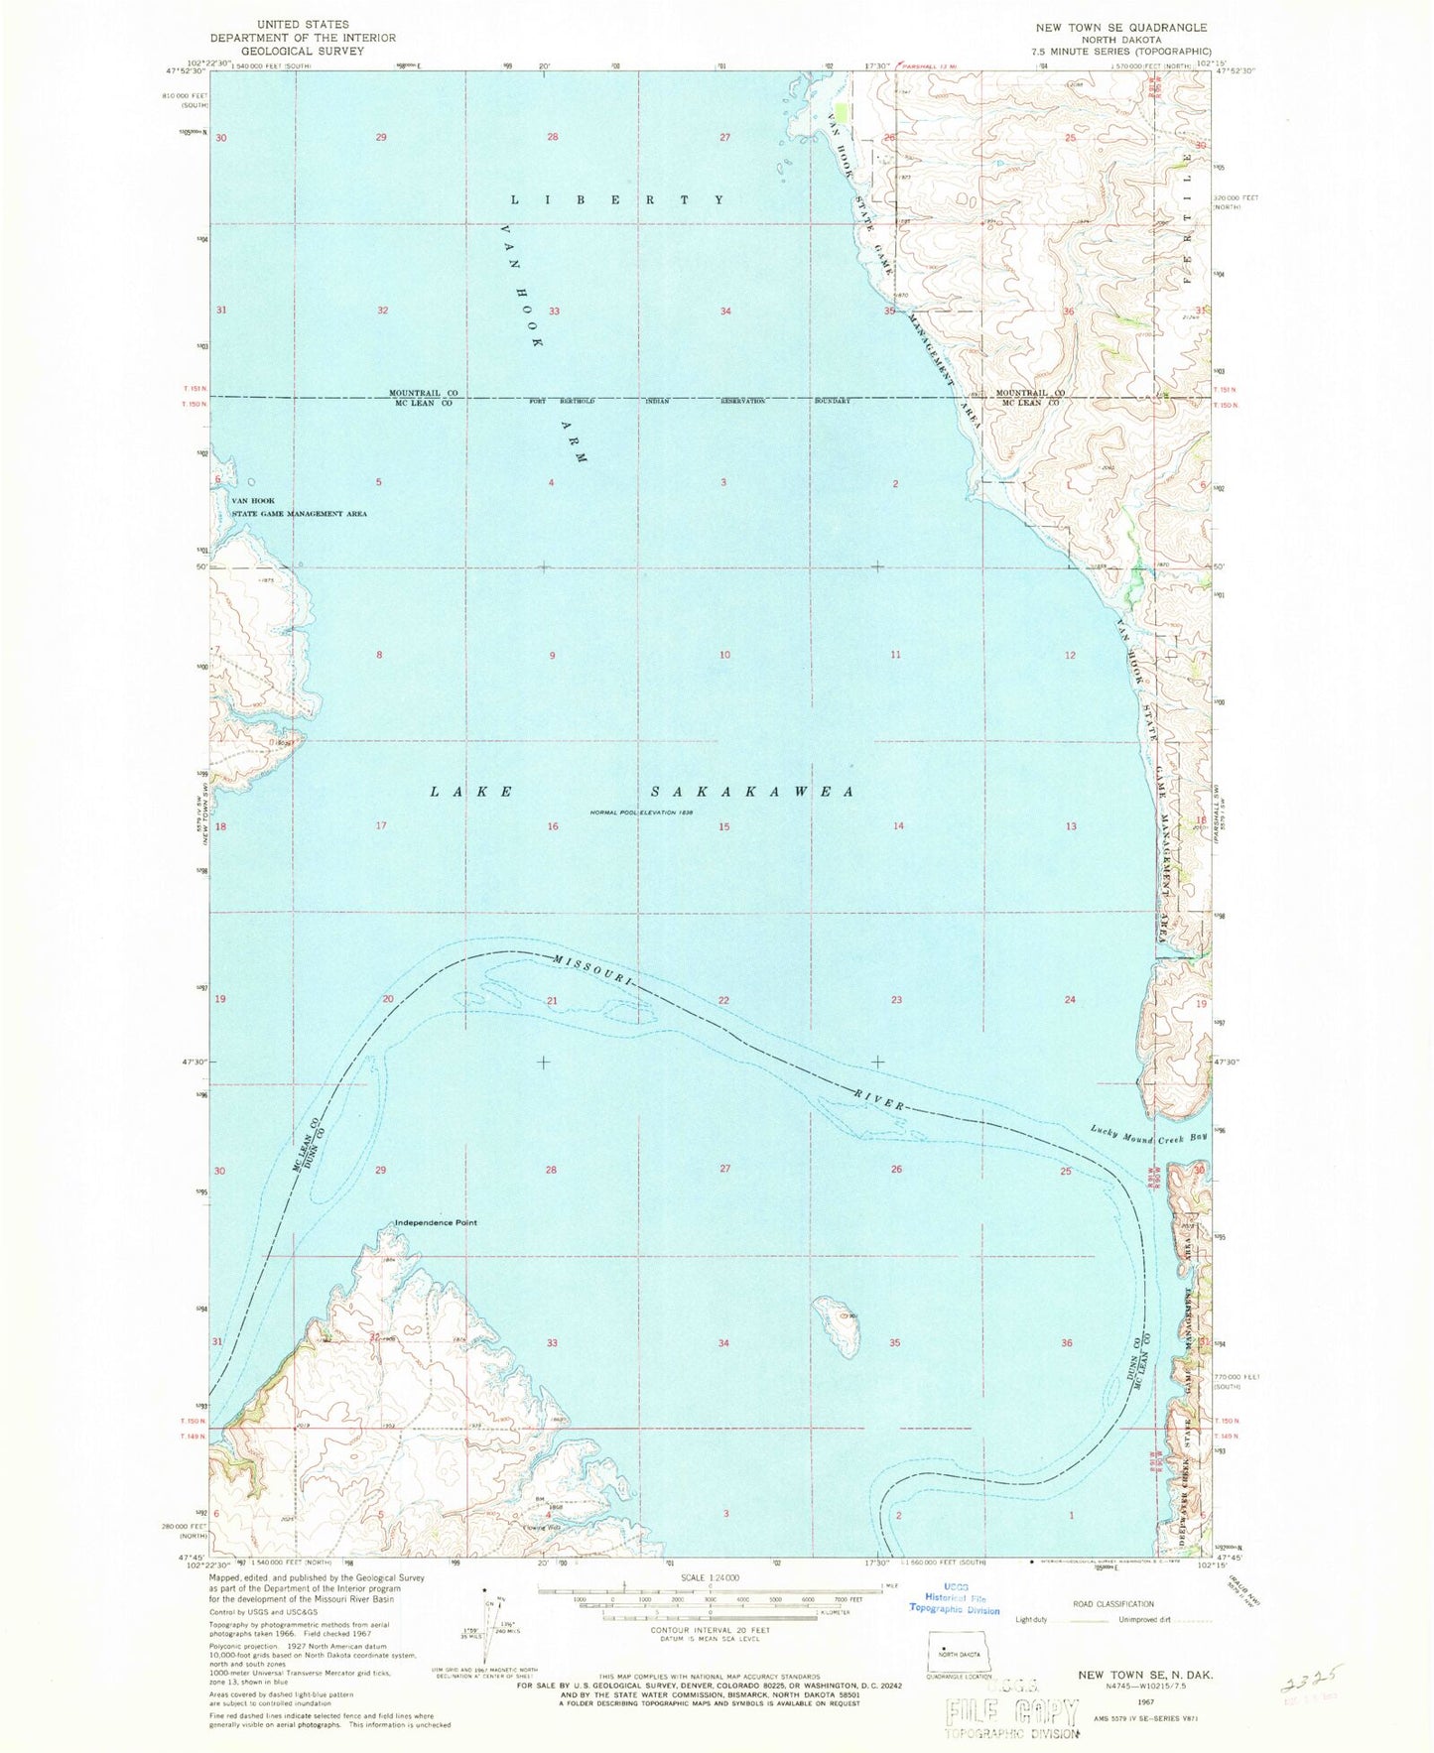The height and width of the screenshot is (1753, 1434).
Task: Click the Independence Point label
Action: pos(436,1222)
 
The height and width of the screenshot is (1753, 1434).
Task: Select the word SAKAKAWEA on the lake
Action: pos(752,792)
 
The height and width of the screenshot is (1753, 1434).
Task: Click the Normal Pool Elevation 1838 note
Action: pos(640,813)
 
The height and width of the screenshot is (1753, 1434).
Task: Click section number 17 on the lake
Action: pos(380,826)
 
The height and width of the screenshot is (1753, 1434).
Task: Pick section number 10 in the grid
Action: pos(725,655)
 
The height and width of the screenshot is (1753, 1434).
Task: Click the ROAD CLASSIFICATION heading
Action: pos(1113,1603)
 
